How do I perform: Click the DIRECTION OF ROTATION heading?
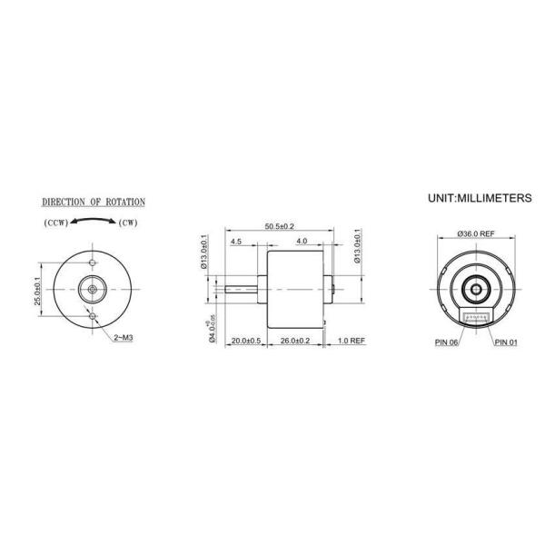coord(94,202)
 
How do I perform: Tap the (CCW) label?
coord(54,223)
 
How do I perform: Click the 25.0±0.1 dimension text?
coord(37,290)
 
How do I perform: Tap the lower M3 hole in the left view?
coord(94,314)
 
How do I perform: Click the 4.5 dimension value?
coord(236,242)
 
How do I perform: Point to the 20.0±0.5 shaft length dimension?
coord(245,341)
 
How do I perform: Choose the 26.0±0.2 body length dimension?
coord(294,341)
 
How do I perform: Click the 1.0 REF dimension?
coord(351,341)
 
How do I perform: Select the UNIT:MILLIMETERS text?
coord(480,196)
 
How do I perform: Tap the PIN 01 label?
coord(508,343)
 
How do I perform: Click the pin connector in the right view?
coord(477,316)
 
